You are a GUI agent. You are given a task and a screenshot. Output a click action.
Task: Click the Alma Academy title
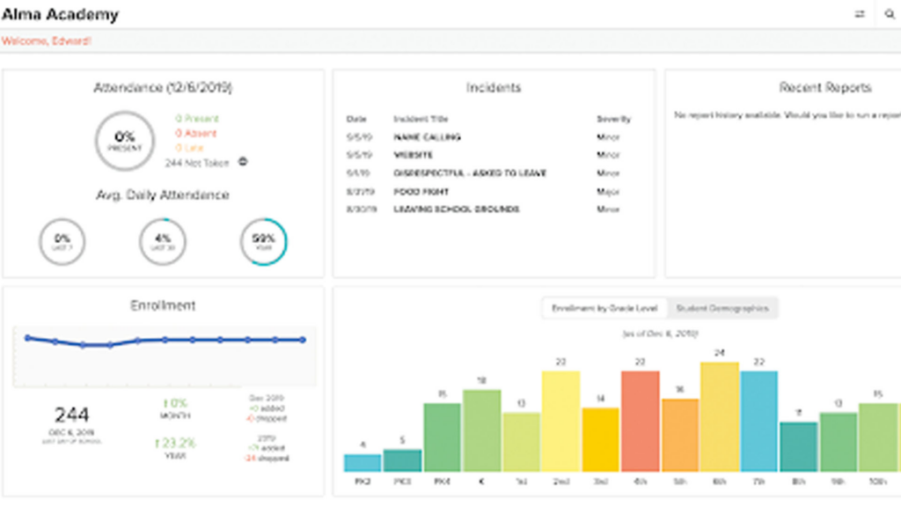click(60, 14)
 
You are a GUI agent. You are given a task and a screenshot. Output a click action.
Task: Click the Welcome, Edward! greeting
click(46, 40)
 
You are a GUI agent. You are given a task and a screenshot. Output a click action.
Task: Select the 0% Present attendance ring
click(124, 139)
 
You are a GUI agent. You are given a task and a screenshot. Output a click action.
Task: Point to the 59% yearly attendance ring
click(263, 241)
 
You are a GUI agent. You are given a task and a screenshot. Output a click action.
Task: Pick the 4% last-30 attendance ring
click(163, 241)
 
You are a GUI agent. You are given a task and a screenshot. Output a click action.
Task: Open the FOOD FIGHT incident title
click(421, 192)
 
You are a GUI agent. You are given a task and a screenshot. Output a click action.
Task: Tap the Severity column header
click(613, 119)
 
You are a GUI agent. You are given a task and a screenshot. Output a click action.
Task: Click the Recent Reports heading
click(824, 87)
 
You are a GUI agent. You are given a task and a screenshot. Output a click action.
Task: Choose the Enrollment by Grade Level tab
click(604, 308)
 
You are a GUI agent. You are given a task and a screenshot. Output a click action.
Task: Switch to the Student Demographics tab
click(722, 308)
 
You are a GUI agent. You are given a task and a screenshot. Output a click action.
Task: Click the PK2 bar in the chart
click(362, 462)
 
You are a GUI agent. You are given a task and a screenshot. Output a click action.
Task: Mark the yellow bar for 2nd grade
click(560, 421)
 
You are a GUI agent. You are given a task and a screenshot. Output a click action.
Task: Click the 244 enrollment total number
click(72, 415)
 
